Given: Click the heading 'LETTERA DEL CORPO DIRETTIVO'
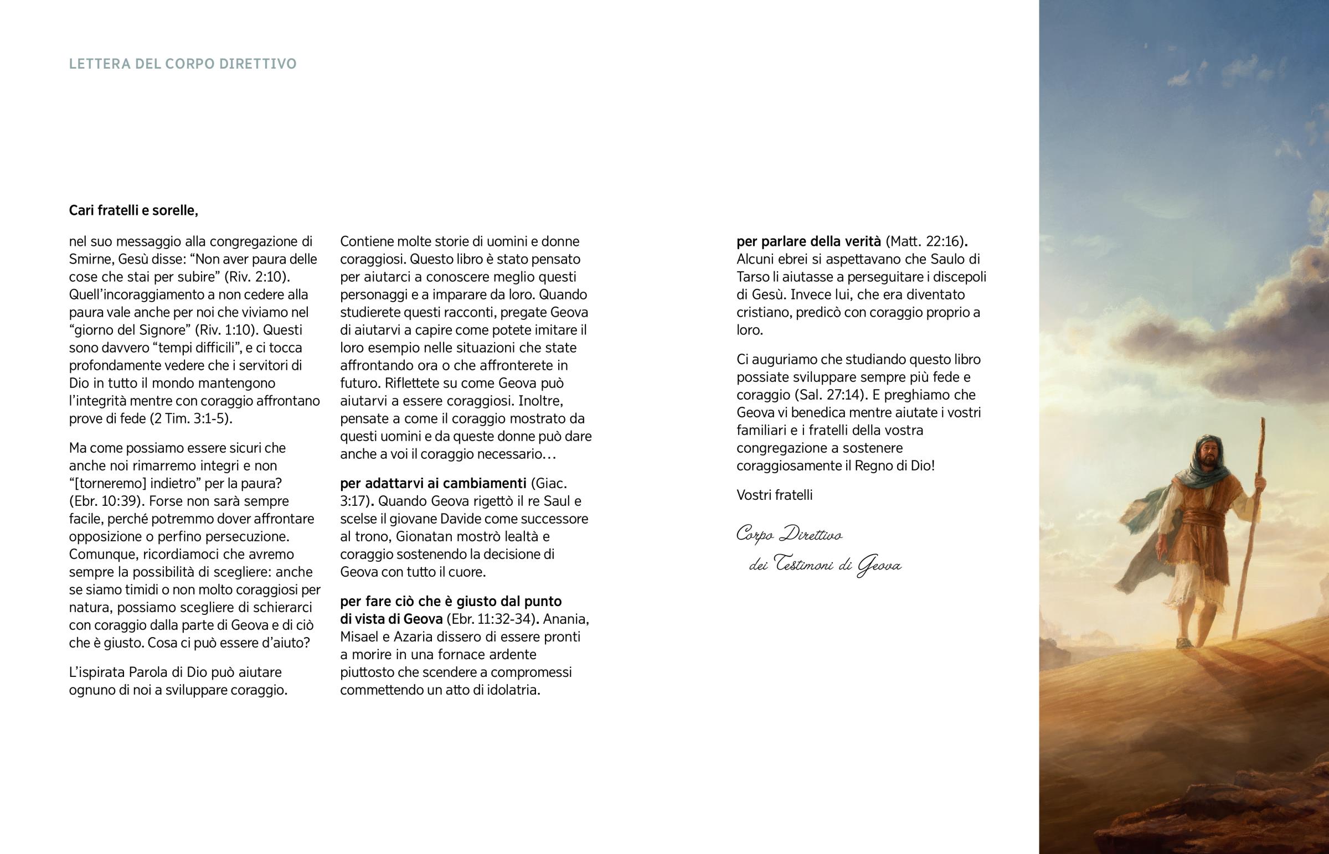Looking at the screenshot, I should click(x=183, y=64).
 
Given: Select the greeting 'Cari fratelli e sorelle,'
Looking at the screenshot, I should click(x=133, y=211).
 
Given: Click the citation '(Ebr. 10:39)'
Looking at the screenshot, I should click(x=106, y=501).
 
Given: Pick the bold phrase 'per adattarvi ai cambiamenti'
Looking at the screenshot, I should click(x=433, y=484).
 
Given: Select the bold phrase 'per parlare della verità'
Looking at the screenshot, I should click(x=808, y=242).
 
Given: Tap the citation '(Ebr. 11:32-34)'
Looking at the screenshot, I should click(x=488, y=619).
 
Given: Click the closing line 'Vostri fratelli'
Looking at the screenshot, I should click(x=774, y=495).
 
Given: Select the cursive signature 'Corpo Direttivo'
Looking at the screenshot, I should click(x=789, y=535).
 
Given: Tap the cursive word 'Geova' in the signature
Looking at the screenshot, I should click(x=879, y=566).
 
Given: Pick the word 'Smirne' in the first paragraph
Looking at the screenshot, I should click(x=89, y=260).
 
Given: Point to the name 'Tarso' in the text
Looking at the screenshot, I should click(x=753, y=277).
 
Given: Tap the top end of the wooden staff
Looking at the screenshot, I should click(x=1264, y=421).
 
